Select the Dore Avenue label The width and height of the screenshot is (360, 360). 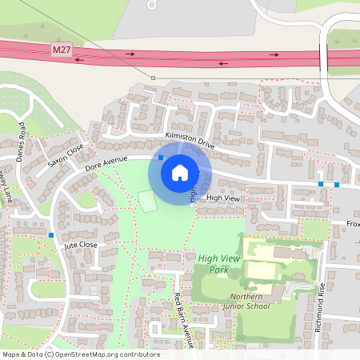point(107,163)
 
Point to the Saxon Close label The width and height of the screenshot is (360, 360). point(65,155)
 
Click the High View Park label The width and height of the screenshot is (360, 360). point(218,263)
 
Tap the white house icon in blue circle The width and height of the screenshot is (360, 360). point(180,173)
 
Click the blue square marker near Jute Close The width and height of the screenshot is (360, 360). point(50,235)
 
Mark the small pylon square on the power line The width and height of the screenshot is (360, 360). point(153,78)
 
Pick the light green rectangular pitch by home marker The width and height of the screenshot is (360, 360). point(147,202)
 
